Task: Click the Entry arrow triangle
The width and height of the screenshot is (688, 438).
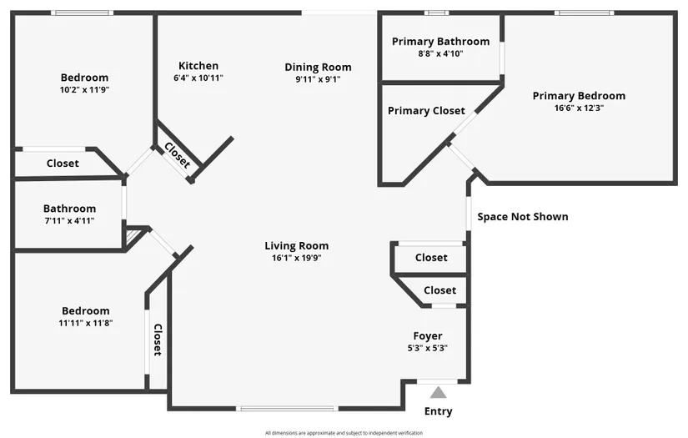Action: click(438, 392)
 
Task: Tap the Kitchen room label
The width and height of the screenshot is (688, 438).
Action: click(198, 66)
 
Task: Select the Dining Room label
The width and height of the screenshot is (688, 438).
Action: click(318, 67)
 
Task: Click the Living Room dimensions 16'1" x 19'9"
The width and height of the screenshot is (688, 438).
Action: click(297, 258)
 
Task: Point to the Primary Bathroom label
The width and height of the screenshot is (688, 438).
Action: click(440, 42)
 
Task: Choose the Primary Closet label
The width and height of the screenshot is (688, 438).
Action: click(426, 111)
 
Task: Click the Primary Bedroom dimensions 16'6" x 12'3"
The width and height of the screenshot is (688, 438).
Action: click(580, 108)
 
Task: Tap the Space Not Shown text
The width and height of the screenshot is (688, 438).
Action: click(523, 217)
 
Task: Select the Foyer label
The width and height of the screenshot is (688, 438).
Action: click(428, 336)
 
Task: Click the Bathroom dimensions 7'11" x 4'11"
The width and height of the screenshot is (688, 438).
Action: click(69, 221)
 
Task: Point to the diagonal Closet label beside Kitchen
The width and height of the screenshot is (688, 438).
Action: click(178, 155)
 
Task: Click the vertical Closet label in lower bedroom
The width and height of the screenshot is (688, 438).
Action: click(158, 340)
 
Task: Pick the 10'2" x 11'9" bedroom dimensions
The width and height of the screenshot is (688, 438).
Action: click(85, 90)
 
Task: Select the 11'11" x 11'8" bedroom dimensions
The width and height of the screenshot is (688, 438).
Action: click(86, 324)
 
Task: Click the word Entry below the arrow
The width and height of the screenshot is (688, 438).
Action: click(439, 411)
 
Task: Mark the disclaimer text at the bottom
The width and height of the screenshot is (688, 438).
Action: click(344, 433)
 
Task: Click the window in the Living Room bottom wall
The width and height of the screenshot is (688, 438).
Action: click(288, 409)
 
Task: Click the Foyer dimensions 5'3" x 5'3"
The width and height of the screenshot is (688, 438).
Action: click(428, 349)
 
